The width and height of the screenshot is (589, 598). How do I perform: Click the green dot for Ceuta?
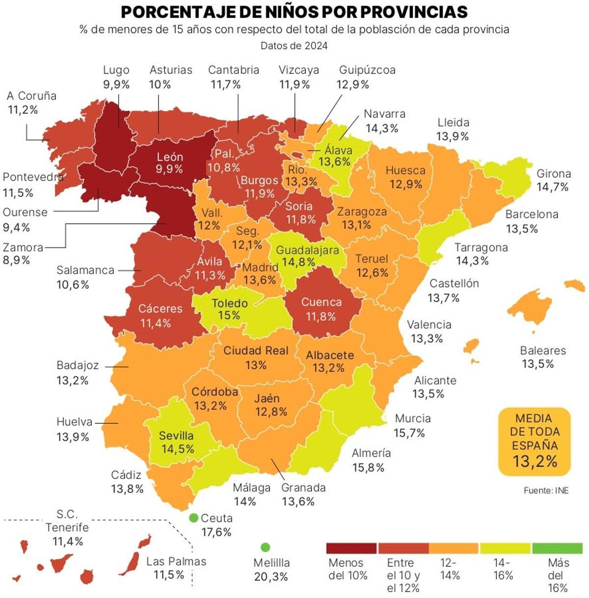pos(193,518)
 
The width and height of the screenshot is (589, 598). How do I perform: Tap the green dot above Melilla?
pos(266,547)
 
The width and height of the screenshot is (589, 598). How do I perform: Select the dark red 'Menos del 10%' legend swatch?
pos(351,548)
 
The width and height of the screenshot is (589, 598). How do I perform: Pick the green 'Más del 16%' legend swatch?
pos(557,548)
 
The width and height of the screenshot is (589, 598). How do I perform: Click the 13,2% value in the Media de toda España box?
pos(535,461)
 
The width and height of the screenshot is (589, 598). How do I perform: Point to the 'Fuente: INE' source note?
pos(546,490)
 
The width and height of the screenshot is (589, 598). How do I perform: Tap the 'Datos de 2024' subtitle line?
pos(294,46)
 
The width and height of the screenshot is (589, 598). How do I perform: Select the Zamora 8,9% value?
pos(17,260)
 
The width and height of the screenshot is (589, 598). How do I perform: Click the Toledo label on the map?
pos(230,303)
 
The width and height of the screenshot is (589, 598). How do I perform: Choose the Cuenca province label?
pos(321,302)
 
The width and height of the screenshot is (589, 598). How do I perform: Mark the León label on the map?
pos(170,157)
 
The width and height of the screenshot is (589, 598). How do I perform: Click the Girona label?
pos(554,174)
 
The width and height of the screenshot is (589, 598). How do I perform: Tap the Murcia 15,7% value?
pos(409,433)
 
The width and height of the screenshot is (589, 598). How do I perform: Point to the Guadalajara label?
pos(307,250)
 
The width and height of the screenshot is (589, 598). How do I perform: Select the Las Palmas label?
pos(176,561)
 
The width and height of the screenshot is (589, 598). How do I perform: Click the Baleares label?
pos(543,351)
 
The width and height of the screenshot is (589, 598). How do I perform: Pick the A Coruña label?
pos(32,96)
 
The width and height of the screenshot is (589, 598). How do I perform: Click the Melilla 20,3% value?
pos(271,577)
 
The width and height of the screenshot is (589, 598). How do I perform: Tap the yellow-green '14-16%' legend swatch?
pos(505,548)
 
